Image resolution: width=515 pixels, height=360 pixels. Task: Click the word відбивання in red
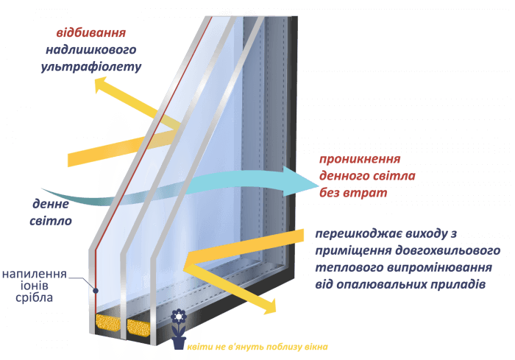tap(91, 33)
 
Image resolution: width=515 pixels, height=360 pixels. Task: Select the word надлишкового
tap(91, 49)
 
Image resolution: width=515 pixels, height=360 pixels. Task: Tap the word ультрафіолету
tap(91, 67)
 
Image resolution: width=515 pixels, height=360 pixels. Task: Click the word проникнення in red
tap(360, 159)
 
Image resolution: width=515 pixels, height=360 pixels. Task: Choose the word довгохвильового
tap(447, 251)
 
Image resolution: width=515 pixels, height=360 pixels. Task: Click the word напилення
tap(35, 274)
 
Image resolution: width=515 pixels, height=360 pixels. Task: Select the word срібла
tap(34, 298)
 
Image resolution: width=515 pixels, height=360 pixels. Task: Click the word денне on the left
tap(51, 205)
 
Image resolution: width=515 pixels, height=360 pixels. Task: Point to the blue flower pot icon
tap(179, 342)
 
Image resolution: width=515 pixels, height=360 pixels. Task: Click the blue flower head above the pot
tap(179, 317)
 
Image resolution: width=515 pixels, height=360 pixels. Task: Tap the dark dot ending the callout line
tap(96, 291)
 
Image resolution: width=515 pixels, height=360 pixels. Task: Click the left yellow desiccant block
tap(107, 322)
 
